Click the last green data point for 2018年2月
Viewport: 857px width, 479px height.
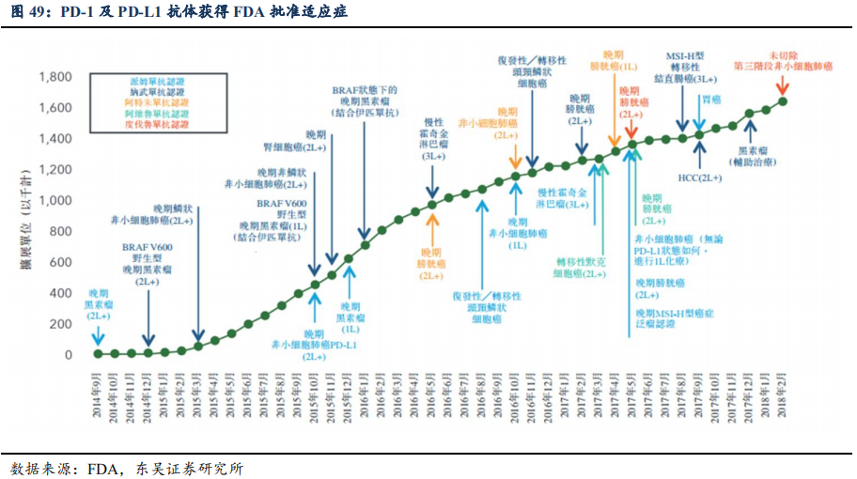point(783,101)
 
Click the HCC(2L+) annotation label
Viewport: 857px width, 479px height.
point(699,178)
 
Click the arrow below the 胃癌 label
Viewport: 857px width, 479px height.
point(698,119)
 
